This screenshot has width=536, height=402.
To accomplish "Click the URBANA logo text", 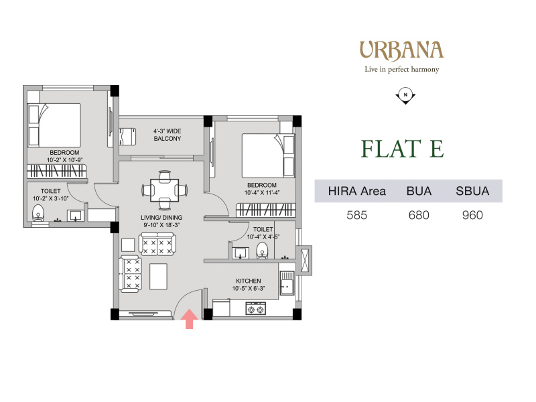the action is (x=401, y=51).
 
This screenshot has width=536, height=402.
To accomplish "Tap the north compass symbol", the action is (x=405, y=96).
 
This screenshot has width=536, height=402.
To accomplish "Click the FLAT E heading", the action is (x=403, y=149).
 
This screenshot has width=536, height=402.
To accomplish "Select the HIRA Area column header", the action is (x=357, y=191).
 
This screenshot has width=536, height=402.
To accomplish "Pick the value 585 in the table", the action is (x=357, y=215).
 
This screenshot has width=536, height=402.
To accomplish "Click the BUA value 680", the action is (x=419, y=215).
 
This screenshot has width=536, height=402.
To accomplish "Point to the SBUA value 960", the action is (x=472, y=215).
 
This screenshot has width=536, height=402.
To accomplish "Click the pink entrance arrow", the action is (x=189, y=319).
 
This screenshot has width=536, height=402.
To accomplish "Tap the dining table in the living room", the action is (x=164, y=190).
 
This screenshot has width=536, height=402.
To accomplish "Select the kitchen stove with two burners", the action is (x=256, y=308).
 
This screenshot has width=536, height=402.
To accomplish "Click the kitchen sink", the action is (x=287, y=283).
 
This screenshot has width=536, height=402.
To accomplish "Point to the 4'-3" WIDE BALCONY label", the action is (x=167, y=135).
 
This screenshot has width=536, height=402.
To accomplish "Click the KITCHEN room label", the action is (x=249, y=281).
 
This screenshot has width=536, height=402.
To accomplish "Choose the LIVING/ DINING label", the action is (x=161, y=217).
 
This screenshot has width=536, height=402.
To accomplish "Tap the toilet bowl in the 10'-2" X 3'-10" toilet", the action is (x=38, y=214).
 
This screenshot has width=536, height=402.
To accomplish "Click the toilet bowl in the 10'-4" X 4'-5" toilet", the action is (x=262, y=251).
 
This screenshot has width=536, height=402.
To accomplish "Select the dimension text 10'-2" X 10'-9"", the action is (x=64, y=160).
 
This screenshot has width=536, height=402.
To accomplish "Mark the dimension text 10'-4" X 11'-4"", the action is (x=262, y=192).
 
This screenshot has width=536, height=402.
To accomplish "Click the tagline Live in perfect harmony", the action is (x=401, y=70).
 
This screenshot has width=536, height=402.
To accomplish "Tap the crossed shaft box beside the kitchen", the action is (x=305, y=259).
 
